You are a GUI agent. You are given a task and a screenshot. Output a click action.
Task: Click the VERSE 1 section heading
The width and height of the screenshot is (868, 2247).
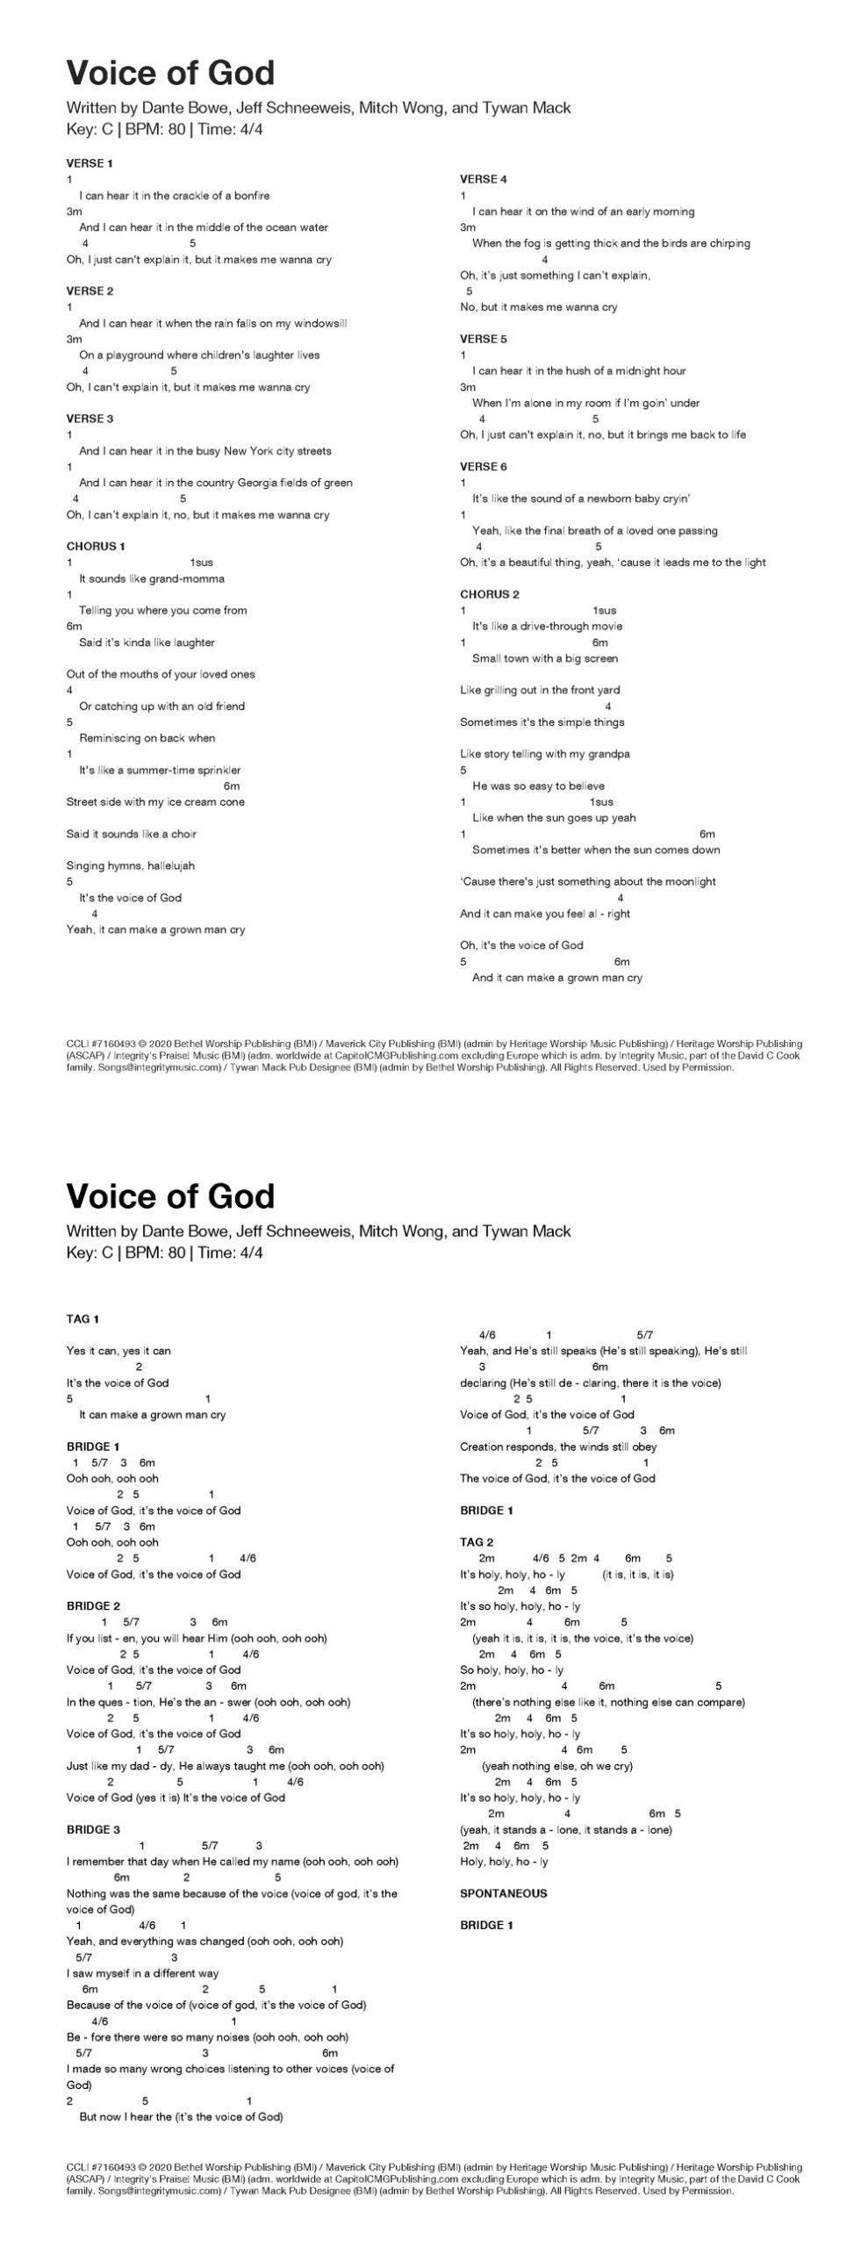tap(90, 163)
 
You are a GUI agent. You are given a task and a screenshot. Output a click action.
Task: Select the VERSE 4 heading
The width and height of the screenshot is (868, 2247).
tap(484, 179)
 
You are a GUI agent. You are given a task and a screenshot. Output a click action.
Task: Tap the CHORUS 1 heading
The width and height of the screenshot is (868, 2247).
tap(96, 546)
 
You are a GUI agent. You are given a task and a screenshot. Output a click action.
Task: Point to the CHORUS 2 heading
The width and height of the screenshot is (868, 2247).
tap(490, 594)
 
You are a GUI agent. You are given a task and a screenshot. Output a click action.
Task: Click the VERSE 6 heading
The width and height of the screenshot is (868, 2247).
tap(484, 466)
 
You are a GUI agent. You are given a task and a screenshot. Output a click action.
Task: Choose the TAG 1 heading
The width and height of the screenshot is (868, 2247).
tap(83, 1318)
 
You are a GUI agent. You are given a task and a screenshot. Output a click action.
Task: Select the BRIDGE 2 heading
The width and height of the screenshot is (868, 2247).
tap(93, 1605)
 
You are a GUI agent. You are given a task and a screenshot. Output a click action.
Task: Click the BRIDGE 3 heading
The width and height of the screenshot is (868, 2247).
tap(93, 1829)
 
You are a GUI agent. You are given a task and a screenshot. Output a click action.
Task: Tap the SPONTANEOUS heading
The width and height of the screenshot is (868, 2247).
tap(503, 1893)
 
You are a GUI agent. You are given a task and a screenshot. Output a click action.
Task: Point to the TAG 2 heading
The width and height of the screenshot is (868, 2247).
tap(477, 1541)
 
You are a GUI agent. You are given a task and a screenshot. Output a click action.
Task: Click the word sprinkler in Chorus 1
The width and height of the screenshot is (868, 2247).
tap(216, 770)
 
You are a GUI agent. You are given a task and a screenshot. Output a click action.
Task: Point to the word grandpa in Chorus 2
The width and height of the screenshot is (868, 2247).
tap(612, 754)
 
